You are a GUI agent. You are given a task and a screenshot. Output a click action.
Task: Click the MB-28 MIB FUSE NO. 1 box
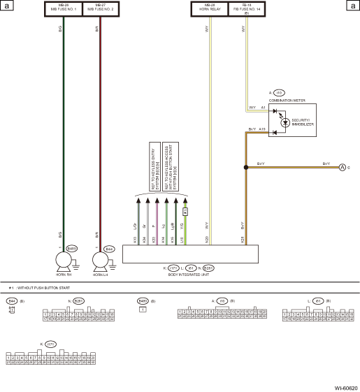64,9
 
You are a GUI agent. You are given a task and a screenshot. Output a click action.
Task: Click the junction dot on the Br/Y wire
245,167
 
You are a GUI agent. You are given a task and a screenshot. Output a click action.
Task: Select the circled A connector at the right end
343,167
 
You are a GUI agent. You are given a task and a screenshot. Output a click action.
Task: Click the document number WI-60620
345,386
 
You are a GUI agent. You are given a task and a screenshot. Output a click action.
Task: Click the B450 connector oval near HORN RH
71,248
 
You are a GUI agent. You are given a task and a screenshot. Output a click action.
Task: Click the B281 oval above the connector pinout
78,301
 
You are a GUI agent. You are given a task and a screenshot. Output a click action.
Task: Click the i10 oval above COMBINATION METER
280,92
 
